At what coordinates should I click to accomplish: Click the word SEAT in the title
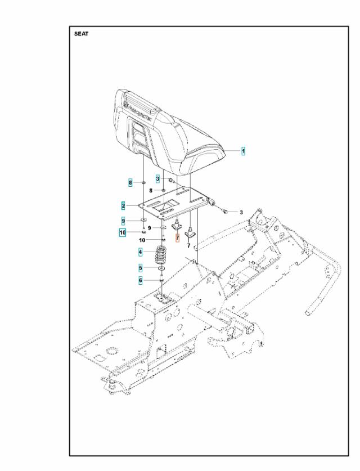[x=81, y=34]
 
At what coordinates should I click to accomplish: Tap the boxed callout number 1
[x=243, y=151]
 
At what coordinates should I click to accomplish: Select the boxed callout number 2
[x=122, y=206]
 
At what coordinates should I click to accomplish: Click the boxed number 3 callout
[x=158, y=178]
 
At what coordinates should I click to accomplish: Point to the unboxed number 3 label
[x=241, y=212]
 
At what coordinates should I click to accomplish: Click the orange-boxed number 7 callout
[x=177, y=239]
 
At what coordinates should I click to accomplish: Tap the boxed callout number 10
[x=122, y=232]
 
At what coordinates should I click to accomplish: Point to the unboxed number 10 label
[x=142, y=240]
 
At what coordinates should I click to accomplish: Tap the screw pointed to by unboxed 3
[x=224, y=212]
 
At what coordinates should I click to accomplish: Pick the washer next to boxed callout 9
[x=144, y=221]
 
